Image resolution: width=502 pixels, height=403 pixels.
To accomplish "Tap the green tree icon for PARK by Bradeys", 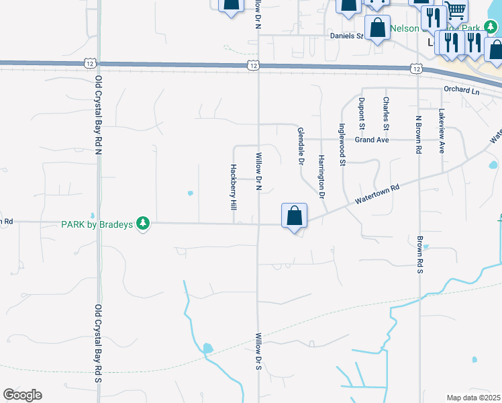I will (x=142, y=223).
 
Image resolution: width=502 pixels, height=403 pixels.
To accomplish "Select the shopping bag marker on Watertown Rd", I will (x=294, y=216).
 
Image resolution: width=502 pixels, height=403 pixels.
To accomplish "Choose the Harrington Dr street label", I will (x=321, y=177).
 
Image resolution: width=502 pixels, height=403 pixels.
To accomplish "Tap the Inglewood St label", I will (x=342, y=144).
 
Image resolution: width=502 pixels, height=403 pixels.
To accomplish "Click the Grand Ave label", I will (x=372, y=140).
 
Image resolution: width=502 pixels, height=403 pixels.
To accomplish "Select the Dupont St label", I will (x=361, y=113).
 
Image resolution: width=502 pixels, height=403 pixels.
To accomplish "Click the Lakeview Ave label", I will (x=442, y=131).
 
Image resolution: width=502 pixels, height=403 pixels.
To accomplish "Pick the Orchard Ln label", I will (x=462, y=90).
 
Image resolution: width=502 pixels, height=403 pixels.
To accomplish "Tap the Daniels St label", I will (x=346, y=36).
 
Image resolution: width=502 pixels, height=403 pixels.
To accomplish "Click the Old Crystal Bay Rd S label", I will (x=98, y=343).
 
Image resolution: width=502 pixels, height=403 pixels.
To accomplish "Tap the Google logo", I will (x=22, y=395).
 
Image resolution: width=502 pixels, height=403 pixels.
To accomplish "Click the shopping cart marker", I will (x=456, y=11).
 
